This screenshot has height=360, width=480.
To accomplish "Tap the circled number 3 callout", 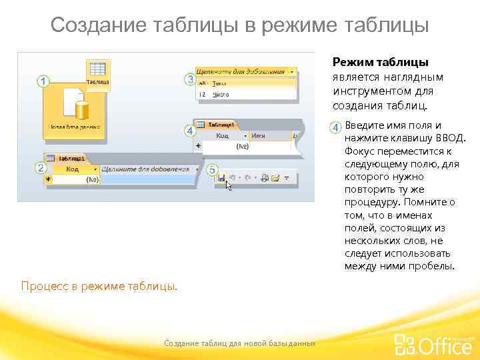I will click(189, 79).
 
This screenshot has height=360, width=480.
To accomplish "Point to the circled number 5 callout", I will click(212, 171).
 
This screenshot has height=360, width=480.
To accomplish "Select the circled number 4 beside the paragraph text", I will click(337, 127).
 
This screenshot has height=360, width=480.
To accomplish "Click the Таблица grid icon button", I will click(98, 71).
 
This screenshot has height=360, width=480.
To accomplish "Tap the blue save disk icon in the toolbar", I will click(221, 178).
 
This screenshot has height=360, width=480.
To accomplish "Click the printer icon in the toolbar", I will click(264, 178).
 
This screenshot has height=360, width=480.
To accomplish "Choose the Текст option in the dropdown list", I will click(220, 83).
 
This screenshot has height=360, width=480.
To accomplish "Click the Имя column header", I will click(259, 135).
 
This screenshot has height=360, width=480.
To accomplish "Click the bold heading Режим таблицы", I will click(380, 62).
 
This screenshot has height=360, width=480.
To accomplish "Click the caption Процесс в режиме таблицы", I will click(99, 286).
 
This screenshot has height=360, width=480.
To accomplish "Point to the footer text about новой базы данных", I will click(240, 343).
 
